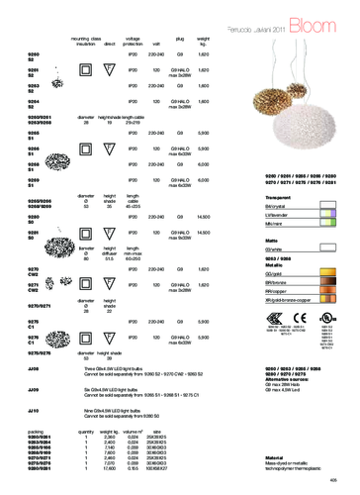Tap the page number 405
pyautogui.click(x=346, y=485)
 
